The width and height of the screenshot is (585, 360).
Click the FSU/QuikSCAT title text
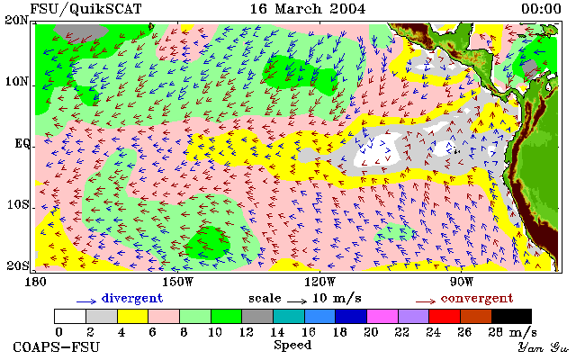coord(85,9)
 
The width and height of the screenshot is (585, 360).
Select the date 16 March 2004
coord(308,9)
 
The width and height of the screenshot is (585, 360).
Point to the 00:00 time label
coord(541,9)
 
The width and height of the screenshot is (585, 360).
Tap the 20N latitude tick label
coord(17,20)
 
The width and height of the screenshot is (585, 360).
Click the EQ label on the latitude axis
coord(22,143)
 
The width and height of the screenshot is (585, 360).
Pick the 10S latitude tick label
coord(17,204)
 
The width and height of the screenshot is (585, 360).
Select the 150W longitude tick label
coord(177,282)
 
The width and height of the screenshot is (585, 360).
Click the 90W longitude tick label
coord(461,282)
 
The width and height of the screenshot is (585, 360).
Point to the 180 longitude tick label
coord(35,282)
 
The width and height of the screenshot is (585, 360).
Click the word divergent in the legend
coord(132,298)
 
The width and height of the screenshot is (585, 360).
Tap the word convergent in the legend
coord(477,298)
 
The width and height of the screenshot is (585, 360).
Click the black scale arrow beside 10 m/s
coord(297,301)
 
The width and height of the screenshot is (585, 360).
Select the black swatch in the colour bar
coord(511,316)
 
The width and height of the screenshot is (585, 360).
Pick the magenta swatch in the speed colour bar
coord(382,316)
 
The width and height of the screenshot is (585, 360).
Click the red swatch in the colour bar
coord(445,316)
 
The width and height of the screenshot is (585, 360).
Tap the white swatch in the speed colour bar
coord(70,316)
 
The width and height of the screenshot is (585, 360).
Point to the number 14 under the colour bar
coord(277,332)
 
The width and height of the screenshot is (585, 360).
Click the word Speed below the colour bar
coord(292,345)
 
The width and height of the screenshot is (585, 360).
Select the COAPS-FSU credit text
coord(57,346)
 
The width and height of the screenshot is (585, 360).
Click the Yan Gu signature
coord(544,347)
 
